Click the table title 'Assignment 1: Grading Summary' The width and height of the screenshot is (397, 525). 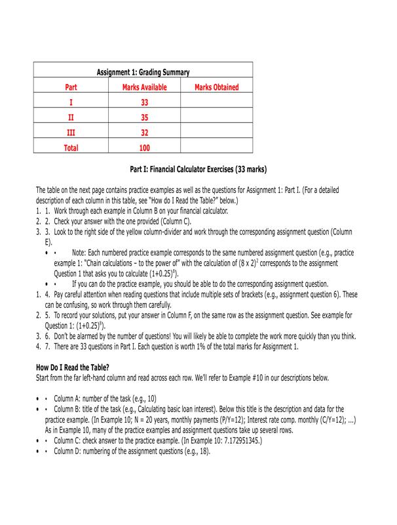[143, 72]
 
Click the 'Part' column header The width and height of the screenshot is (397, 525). [71, 87]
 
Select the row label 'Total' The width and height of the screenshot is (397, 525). [71, 148]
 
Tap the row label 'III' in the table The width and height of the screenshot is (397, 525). [71, 133]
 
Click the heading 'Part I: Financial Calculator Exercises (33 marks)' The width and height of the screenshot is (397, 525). [198, 169]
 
